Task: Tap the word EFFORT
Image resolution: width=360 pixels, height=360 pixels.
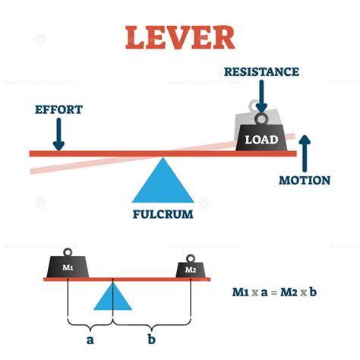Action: point(58,109)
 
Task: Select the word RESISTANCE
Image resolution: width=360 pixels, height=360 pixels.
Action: point(261,73)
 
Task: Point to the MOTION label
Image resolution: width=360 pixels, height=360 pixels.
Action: point(304,181)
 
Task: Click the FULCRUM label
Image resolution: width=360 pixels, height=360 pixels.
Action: point(161,214)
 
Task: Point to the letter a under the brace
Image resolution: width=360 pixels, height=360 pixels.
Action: point(90,339)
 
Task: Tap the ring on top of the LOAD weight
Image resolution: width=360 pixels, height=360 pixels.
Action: point(261,118)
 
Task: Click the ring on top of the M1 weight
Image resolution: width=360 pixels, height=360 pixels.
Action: point(68,251)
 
